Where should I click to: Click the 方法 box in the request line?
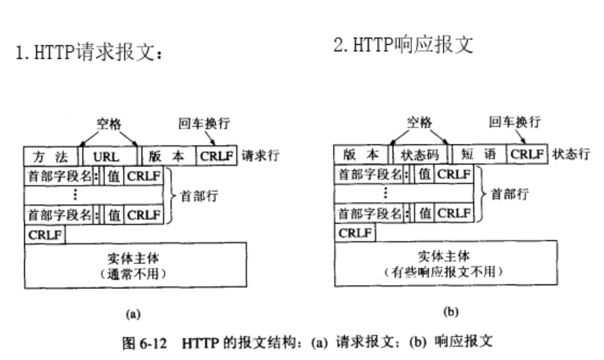pos(51,157)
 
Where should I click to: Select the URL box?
pos(110,157)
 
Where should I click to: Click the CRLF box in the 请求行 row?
pos(216,157)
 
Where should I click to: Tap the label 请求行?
pos(261,156)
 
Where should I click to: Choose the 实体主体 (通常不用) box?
pos(135,265)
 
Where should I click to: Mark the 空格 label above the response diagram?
pos(419,122)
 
